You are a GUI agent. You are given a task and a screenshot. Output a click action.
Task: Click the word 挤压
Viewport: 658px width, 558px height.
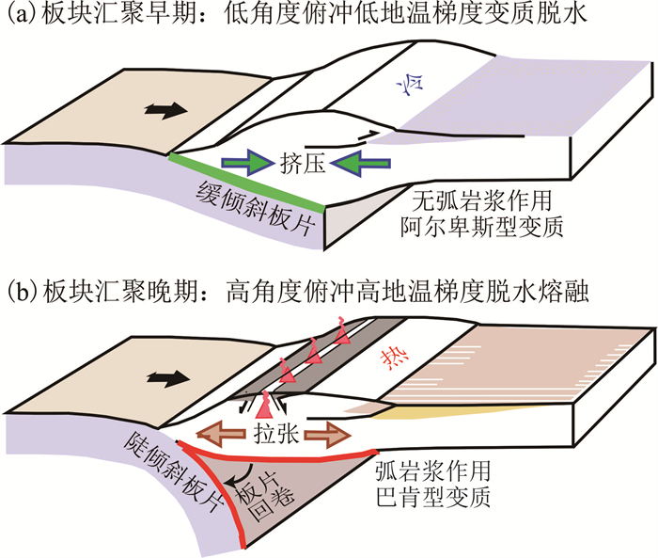click(x=302, y=163)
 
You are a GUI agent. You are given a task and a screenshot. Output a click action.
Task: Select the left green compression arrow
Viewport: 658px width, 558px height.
click(x=247, y=163)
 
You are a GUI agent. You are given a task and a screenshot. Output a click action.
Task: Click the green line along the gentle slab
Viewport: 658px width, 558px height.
click(x=246, y=180)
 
